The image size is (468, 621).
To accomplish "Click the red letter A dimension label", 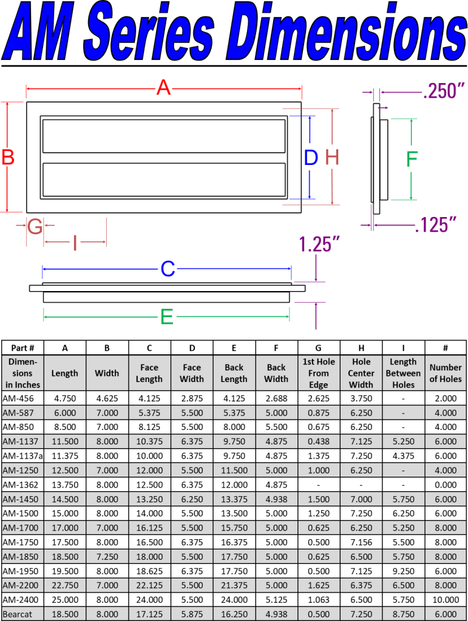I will (x=163, y=89).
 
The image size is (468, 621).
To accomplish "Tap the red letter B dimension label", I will (x=8, y=158).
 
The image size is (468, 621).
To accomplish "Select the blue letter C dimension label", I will (x=168, y=269).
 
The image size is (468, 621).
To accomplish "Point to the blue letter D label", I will (x=311, y=158).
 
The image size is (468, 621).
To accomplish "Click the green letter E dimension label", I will (x=166, y=317).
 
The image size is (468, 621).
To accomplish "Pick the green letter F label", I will (x=412, y=159).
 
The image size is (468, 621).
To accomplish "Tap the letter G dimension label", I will (x=35, y=227).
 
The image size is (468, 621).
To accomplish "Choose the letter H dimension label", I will (x=332, y=158).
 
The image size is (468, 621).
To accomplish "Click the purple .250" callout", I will (x=444, y=92).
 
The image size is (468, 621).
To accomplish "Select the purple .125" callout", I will (x=435, y=225).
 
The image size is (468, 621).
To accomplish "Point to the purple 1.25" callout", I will (x=318, y=245).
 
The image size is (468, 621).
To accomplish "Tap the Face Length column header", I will (x=149, y=373).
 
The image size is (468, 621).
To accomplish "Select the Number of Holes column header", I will (x=446, y=373).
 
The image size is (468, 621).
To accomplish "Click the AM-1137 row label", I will (x=21, y=441).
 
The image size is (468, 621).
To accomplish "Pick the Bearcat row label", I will (x=18, y=614).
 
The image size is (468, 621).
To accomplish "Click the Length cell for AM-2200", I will (x=65, y=585).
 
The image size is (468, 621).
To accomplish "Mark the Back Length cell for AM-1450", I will (x=234, y=499).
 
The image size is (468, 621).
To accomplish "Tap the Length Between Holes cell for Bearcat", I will (x=403, y=614).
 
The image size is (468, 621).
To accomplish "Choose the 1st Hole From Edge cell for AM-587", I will (x=319, y=413).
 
